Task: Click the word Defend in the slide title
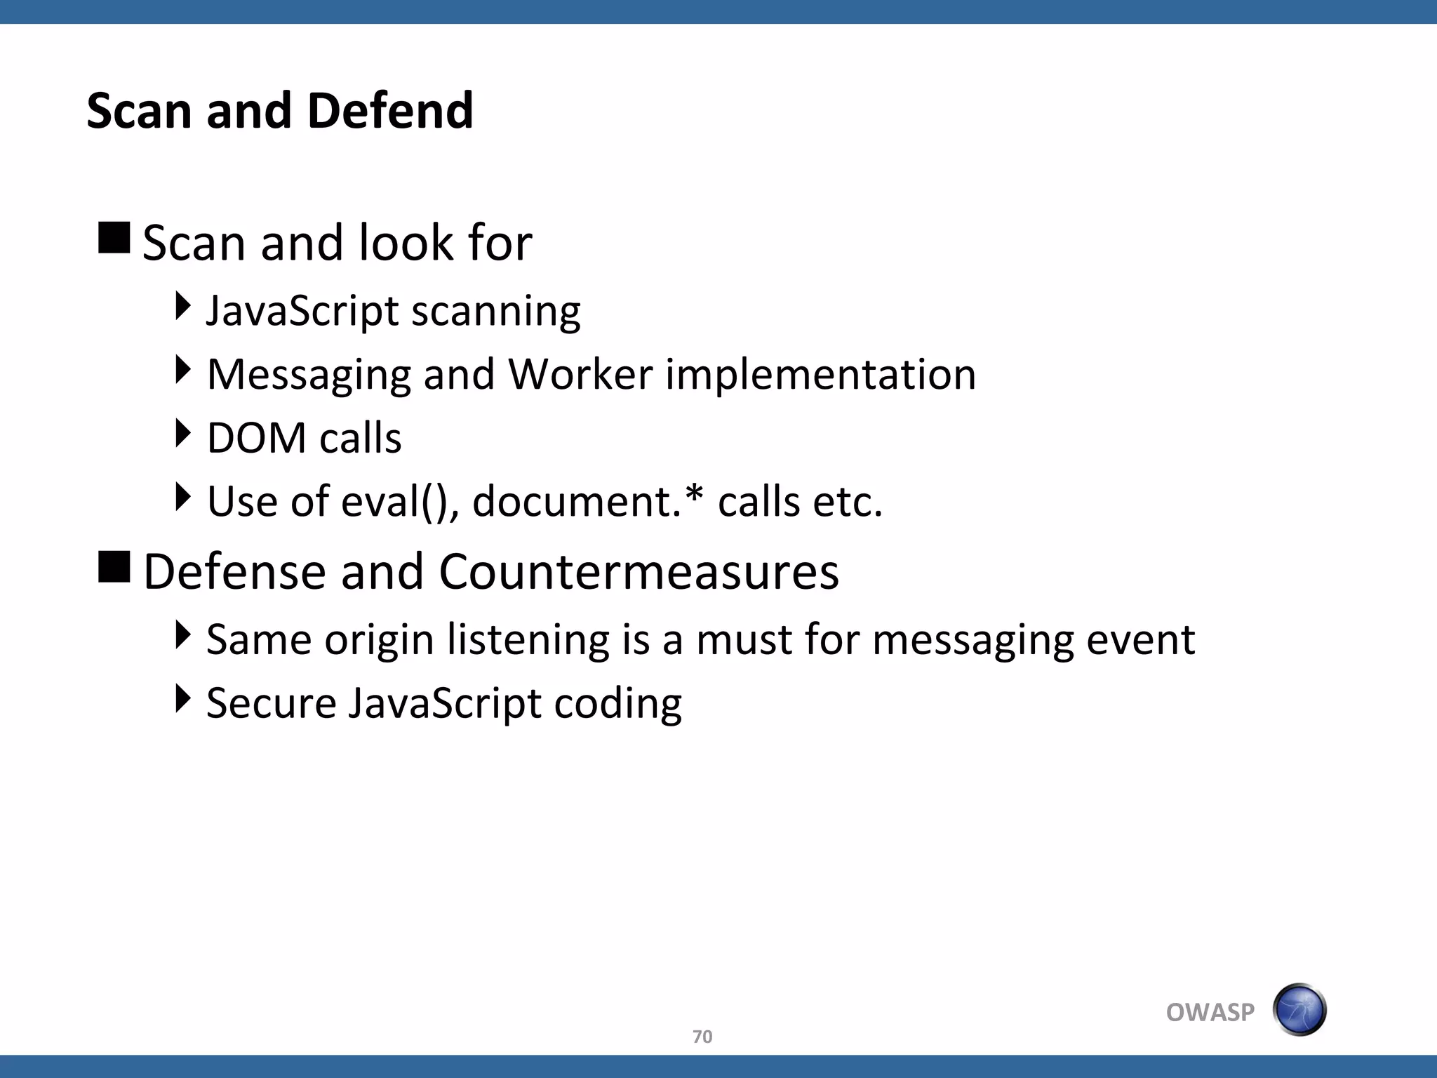pyautogui.click(x=390, y=111)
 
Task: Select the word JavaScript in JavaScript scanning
pyautogui.click(x=302, y=311)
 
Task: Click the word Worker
pyautogui.click(x=580, y=374)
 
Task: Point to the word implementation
pyautogui.click(x=820, y=374)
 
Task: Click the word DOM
pyautogui.click(x=257, y=438)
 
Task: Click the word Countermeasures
pyautogui.click(x=639, y=571)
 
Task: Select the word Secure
pyautogui.click(x=271, y=703)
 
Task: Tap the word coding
pyautogui.click(x=617, y=703)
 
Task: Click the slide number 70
pyautogui.click(x=702, y=1037)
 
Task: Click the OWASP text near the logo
pyautogui.click(x=1210, y=1012)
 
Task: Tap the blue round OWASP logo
pyautogui.click(x=1299, y=1010)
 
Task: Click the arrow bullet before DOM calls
pyautogui.click(x=182, y=433)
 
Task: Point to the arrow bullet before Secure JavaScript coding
pyautogui.click(x=182, y=698)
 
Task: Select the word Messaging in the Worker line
pyautogui.click(x=309, y=375)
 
